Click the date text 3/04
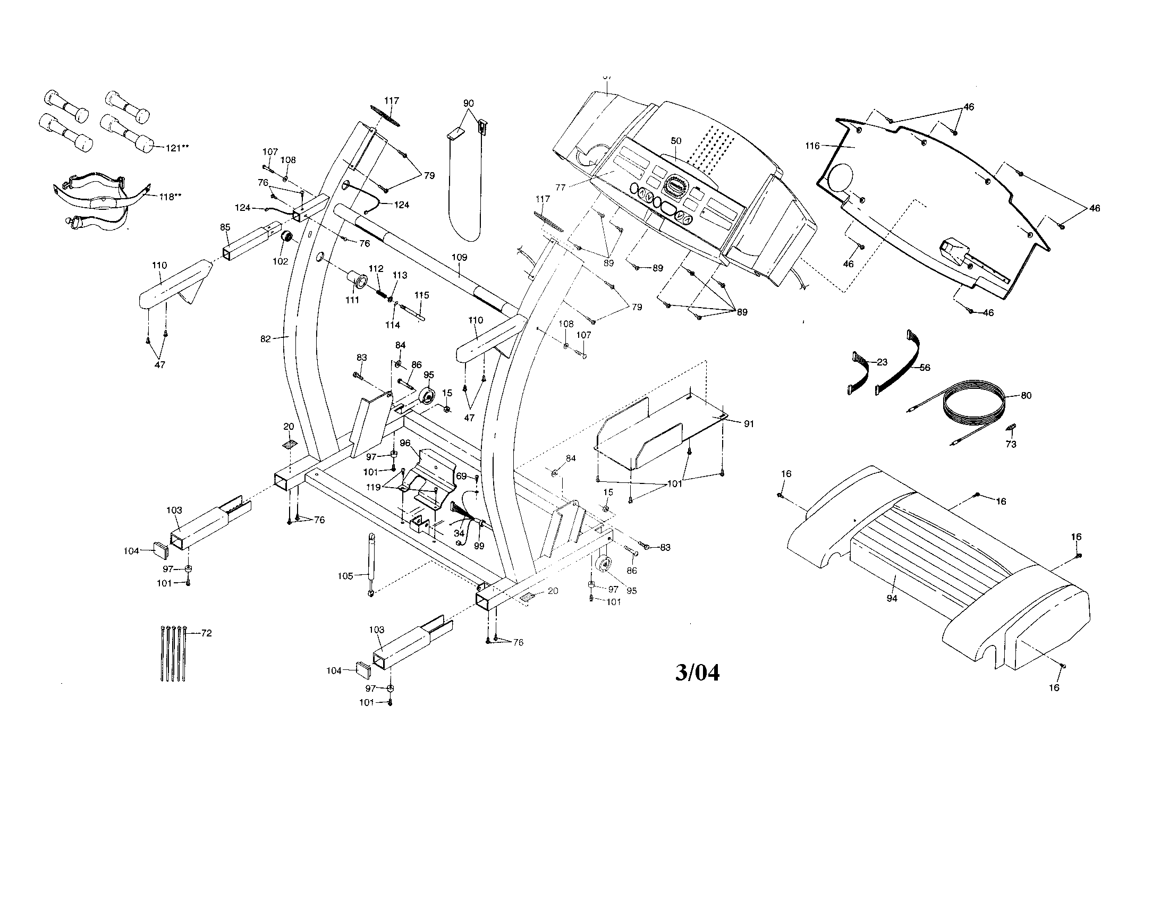click(x=697, y=673)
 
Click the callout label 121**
click(x=176, y=148)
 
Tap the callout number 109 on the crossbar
click(x=459, y=257)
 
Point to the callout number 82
click(x=266, y=339)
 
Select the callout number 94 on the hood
click(x=892, y=599)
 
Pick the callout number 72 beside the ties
click(x=206, y=633)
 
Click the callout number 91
click(x=749, y=424)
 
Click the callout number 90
click(x=468, y=103)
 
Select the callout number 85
click(x=225, y=227)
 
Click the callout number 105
click(x=345, y=576)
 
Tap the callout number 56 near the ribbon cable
click(x=925, y=368)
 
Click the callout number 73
click(x=1011, y=444)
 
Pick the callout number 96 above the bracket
click(x=405, y=443)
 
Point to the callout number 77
click(x=560, y=187)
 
